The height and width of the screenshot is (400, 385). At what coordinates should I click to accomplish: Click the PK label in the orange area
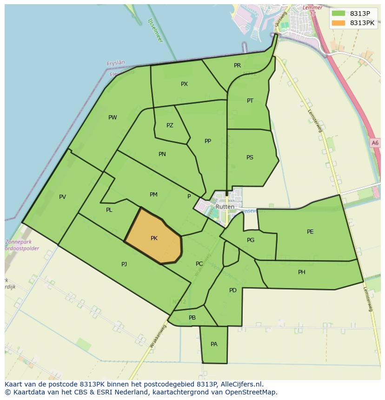tap(154, 238)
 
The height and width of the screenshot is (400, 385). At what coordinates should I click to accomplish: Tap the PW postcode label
tap(113, 118)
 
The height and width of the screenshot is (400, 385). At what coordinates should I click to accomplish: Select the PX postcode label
tap(184, 84)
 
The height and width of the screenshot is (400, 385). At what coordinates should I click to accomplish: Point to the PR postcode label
tap(237, 66)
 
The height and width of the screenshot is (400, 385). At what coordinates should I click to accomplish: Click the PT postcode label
tap(250, 101)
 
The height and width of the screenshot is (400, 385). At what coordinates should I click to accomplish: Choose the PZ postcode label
tap(170, 125)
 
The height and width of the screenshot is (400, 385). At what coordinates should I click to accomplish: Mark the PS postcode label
tap(250, 157)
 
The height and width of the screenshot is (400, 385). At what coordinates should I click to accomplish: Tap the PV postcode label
tap(62, 197)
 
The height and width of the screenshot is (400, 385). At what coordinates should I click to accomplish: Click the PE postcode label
tap(310, 232)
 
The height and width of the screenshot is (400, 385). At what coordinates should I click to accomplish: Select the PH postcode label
tap(302, 272)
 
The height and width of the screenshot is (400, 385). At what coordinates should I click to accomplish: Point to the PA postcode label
tap(214, 344)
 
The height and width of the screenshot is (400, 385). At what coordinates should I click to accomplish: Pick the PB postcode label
tap(192, 318)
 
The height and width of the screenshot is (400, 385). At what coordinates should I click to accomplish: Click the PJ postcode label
tap(124, 264)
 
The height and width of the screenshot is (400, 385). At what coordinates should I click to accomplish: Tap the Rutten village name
tap(225, 207)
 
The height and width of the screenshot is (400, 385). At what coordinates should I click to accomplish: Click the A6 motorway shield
tap(375, 143)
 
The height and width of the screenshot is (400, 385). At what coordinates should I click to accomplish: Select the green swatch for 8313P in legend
tap(339, 13)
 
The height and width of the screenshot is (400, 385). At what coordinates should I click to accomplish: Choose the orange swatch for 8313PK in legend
tap(339, 23)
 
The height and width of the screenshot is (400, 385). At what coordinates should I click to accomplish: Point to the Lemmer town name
tap(312, 8)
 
